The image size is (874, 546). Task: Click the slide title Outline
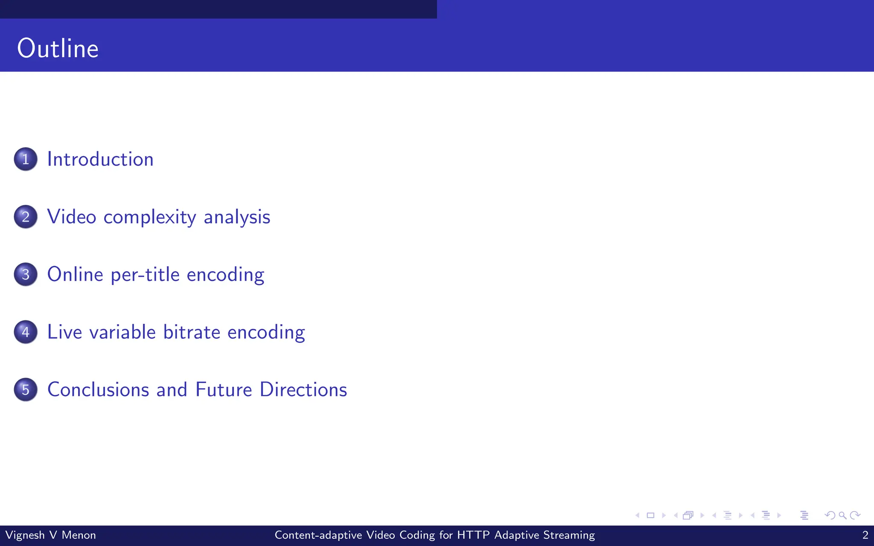[x=58, y=48]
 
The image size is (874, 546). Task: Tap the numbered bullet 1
[x=26, y=159]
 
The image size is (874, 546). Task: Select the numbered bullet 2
[x=26, y=217]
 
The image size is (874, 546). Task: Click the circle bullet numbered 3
[x=26, y=274]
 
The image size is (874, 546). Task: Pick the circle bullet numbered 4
[x=26, y=332]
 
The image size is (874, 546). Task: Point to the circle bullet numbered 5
[x=26, y=389]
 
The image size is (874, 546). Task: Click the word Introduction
[x=100, y=159]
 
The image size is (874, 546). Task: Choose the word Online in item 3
[x=75, y=274]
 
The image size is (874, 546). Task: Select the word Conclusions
[x=98, y=389]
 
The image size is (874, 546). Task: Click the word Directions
[x=303, y=389]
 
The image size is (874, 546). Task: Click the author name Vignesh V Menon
[x=50, y=535]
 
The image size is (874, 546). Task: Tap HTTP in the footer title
[x=473, y=535]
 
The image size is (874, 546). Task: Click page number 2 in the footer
[x=865, y=535]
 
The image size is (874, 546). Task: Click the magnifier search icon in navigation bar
[x=842, y=515]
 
